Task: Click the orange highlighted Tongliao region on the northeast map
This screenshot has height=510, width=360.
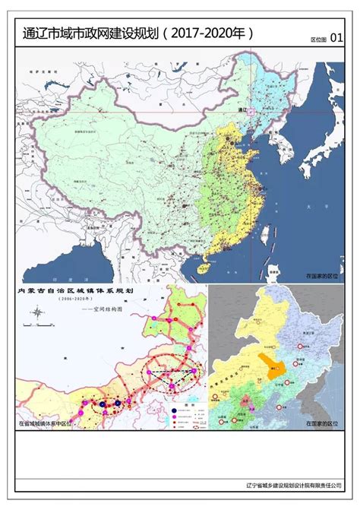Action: [268, 366]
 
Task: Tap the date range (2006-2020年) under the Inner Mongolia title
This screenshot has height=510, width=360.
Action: [75, 300]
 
